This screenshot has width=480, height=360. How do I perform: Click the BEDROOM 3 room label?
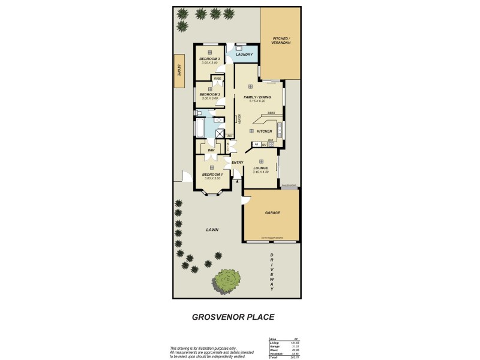[x=210, y=59]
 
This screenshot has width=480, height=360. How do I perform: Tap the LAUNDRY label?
[x=244, y=55]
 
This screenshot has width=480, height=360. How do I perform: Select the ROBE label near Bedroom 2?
[x=217, y=79]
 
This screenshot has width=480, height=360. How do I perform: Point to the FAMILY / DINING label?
[x=257, y=97]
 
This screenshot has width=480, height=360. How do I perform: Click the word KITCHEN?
[x=265, y=131]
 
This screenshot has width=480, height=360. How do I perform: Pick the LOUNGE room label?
[x=262, y=168]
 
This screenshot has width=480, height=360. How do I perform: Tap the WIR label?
[x=211, y=150]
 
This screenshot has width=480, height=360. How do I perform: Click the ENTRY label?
[x=238, y=162]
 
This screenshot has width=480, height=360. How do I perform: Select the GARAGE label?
[x=272, y=212]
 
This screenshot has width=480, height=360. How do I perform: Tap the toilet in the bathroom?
[x=199, y=113]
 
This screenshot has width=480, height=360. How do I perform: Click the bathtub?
[x=199, y=128]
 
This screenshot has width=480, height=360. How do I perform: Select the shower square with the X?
[x=220, y=135]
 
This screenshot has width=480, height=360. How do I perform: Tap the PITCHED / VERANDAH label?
[x=281, y=40]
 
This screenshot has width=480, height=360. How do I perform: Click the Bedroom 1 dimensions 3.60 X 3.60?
[x=212, y=178]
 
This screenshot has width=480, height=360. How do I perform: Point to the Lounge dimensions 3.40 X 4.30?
[x=262, y=173]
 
